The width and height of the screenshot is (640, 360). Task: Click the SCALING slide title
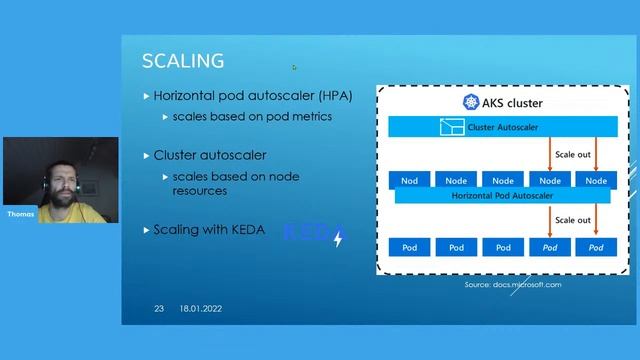[x=183, y=61]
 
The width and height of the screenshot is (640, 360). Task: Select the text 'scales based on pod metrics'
[x=251, y=116]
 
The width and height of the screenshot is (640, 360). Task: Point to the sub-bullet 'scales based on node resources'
[x=235, y=183]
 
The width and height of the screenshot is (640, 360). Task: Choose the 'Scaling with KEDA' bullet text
[x=209, y=229]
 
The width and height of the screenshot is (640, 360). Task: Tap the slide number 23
[x=159, y=308]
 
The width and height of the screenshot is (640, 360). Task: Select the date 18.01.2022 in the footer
[x=201, y=308]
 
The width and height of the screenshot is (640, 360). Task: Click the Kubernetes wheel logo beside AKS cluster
[x=470, y=103]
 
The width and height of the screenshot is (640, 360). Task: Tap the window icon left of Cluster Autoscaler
[x=447, y=127]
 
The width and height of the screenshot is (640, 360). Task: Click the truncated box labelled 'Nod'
[x=409, y=180]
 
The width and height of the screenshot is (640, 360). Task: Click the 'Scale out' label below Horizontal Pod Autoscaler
[x=573, y=220]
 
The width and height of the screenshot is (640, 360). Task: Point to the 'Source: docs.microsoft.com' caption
[x=513, y=285]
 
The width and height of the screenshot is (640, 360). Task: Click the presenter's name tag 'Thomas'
[x=20, y=214]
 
